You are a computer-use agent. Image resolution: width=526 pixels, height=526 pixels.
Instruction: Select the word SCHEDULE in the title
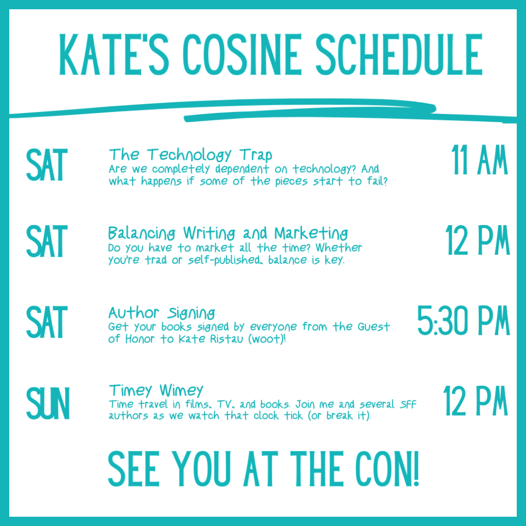tap(399, 54)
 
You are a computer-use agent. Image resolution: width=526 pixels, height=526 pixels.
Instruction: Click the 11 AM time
tap(479, 161)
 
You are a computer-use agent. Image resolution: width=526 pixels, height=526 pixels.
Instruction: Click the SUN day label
tap(47, 404)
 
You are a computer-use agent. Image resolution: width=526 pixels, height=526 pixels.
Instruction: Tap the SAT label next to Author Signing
tap(47, 323)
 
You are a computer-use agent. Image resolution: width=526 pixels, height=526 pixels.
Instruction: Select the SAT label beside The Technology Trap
tap(47, 165)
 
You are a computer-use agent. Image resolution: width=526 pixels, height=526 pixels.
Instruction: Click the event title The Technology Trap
tap(190, 154)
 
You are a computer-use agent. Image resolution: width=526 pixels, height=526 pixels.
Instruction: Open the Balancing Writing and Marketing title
tap(228, 233)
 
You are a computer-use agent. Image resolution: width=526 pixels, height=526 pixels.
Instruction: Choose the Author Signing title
tap(161, 312)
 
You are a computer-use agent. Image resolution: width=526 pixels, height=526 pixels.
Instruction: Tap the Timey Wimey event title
tap(156, 390)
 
